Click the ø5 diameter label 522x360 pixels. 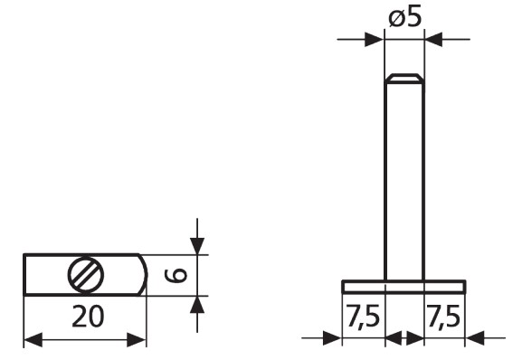405,17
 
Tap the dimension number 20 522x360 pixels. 88,317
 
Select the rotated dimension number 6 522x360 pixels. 176,275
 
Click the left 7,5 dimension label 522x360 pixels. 363,317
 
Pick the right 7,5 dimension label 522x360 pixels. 444,317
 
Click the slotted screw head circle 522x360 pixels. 86,275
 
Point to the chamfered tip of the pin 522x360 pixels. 404,78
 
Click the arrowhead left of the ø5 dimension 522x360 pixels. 375,39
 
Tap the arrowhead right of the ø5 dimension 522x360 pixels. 434,39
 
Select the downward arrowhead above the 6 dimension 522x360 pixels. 197,246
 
